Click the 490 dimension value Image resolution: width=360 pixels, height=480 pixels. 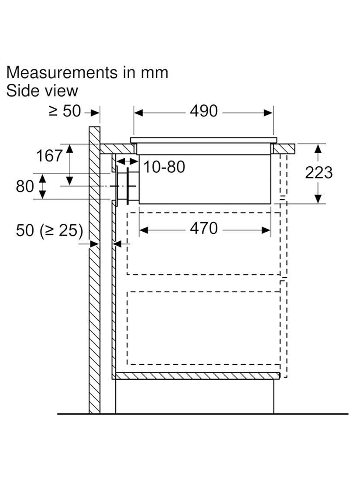coord(203,111)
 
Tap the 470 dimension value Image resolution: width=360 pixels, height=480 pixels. coord(203,228)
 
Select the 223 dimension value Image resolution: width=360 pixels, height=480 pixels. coord(319,173)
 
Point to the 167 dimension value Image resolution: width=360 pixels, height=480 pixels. coord(49,156)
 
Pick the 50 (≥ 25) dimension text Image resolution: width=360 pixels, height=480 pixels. coord(49,230)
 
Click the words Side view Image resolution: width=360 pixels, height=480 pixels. coord(42,91)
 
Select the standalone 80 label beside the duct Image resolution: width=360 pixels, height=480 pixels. coord(24,186)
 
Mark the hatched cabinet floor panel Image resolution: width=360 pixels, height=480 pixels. coord(196,376)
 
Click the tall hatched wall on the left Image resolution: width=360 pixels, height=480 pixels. coord(94,305)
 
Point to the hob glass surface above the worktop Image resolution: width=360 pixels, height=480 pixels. coord(203,140)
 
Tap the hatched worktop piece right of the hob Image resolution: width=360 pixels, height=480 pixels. coord(284,149)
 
